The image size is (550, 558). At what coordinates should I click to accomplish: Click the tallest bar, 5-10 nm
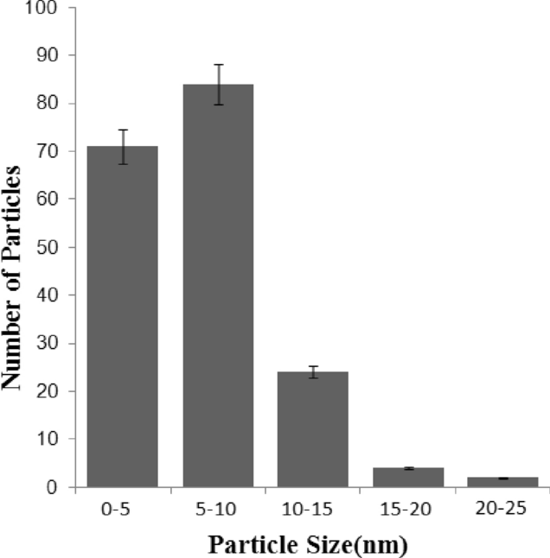pos(218,285)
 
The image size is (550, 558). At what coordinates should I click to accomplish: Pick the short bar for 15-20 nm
pos(408,478)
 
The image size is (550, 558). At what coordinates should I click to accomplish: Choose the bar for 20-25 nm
pos(502,482)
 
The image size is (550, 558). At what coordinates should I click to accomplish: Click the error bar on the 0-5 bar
pos(124,146)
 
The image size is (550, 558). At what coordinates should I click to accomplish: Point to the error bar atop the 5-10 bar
pos(219,84)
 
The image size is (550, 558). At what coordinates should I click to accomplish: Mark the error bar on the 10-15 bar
pos(314,372)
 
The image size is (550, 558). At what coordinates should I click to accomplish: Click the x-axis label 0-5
pos(123,510)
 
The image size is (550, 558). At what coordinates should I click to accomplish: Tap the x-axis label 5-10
pos(218,510)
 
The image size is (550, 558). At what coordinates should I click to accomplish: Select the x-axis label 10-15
pos(313,510)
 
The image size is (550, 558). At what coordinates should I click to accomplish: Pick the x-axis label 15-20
pos(408,510)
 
